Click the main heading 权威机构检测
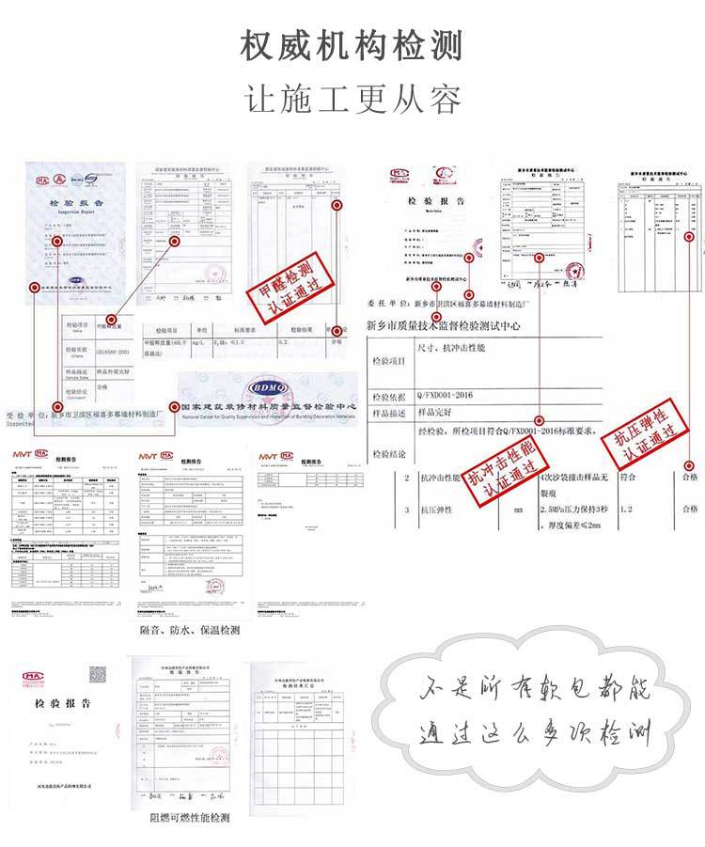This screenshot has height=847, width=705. point(352,44)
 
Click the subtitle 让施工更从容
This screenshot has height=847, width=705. point(352,98)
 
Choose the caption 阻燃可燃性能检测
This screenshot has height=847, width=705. point(189,817)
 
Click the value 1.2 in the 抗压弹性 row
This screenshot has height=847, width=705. point(627,510)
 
